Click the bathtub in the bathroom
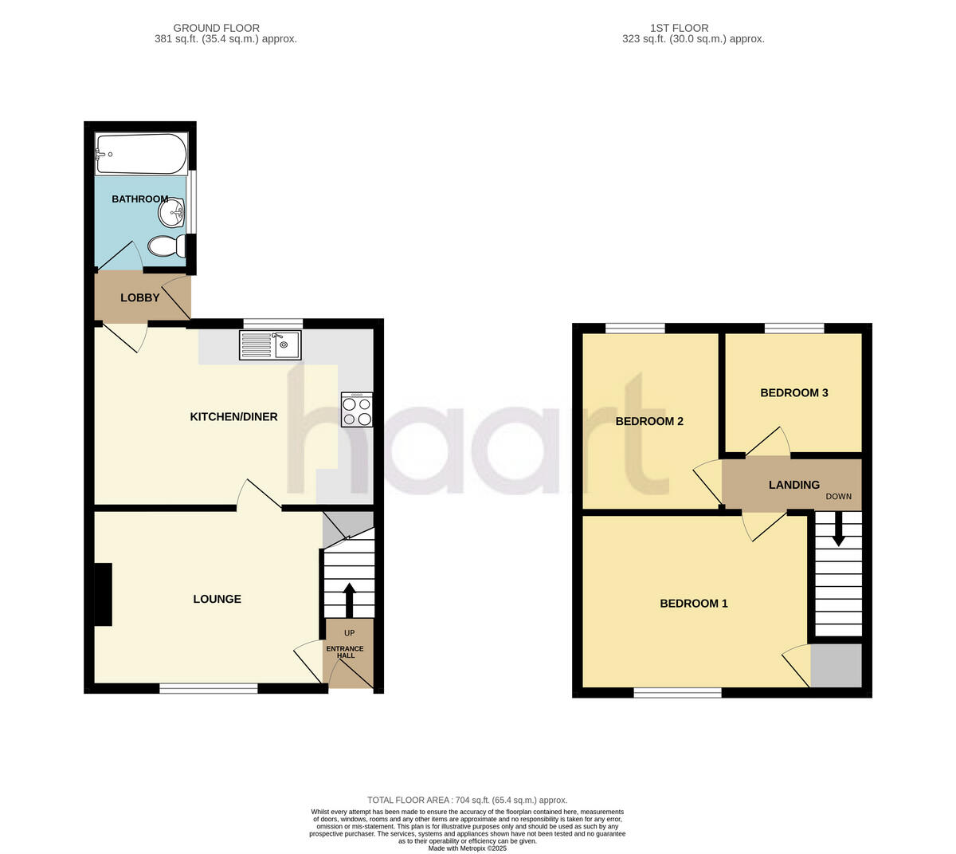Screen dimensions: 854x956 pos(141,153)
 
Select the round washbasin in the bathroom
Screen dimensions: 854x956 pos(171,213)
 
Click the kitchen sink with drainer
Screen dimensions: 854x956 pos(269,344)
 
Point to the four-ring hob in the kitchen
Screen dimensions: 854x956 pos(356,410)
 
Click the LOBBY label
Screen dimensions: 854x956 pos(140,298)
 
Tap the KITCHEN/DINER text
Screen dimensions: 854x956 pos(233,416)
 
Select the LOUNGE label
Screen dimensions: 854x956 pos(217,599)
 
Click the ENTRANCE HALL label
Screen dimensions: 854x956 pos(345,651)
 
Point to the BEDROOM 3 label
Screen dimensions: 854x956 pos(794,392)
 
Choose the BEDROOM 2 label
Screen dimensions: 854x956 pos(649,421)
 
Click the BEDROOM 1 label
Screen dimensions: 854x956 pos(694,604)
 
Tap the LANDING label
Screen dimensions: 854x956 pos(794,485)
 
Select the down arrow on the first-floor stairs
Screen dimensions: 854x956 pos(838,529)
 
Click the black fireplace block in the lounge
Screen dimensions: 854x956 pos(104,594)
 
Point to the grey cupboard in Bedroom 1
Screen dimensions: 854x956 pos(836,666)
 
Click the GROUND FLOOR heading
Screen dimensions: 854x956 pos(216,28)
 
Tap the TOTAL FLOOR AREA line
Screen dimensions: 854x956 pos(467,800)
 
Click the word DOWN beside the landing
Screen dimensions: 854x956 pos(838,496)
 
